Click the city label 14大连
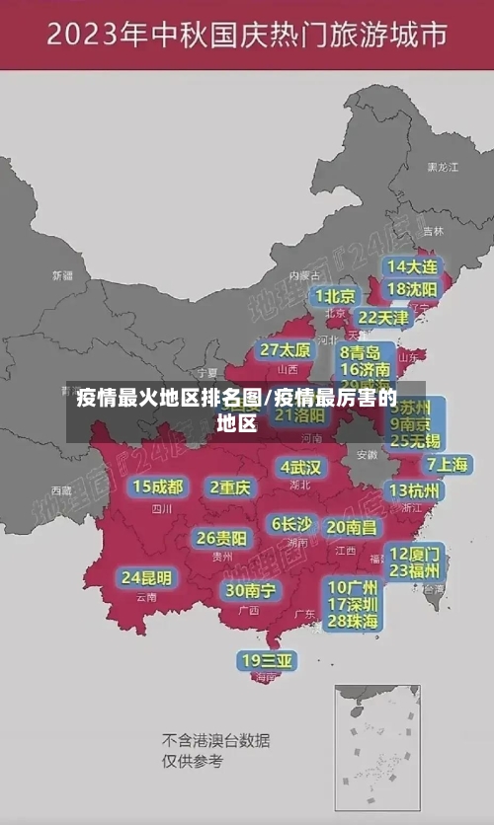coord(411,266)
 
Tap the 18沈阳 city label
coord(411,289)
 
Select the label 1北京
coord(336,296)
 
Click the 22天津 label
coord(382,318)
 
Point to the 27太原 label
coord(286,350)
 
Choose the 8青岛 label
coord(361,352)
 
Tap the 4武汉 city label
coord(301,467)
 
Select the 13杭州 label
coord(415,490)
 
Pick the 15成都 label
coord(158,487)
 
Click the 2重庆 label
coord(230,487)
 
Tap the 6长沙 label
coord(291,524)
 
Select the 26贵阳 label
coord(221,539)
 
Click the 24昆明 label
coord(146,577)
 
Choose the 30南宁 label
coord(250,590)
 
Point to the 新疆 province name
coord(62,275)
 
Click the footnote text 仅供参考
coord(193,761)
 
